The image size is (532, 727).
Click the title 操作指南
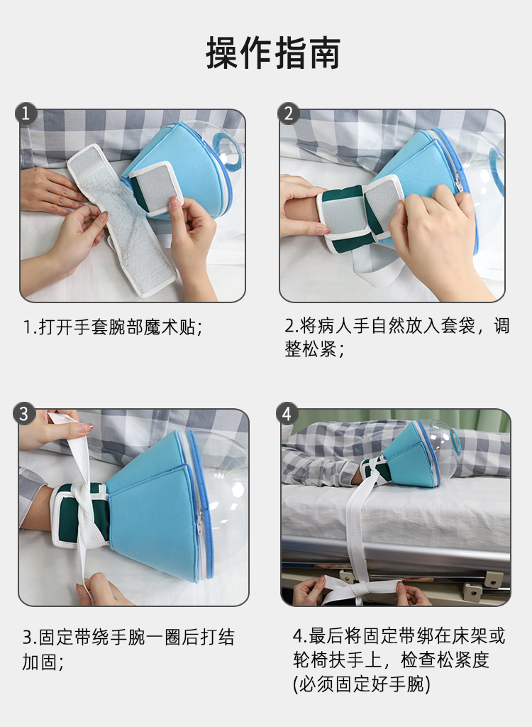[273, 53]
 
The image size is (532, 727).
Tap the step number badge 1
[26, 114]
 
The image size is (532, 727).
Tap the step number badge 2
[288, 114]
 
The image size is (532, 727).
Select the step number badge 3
[24, 413]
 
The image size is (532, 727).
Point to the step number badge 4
[287, 413]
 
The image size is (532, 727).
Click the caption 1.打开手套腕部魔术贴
[113, 327]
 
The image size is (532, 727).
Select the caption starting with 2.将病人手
[397, 337]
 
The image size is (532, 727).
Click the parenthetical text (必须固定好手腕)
[362, 684]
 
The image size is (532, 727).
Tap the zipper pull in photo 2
[458, 181]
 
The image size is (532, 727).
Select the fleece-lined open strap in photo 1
[121, 219]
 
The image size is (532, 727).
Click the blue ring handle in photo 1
[228, 149]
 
